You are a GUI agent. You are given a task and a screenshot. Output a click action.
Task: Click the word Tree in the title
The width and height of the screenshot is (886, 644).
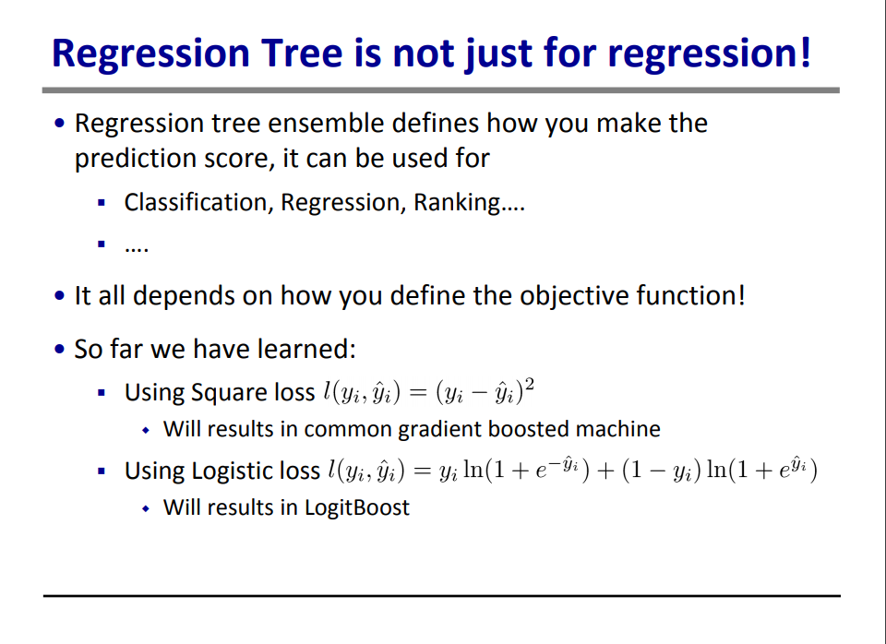302,54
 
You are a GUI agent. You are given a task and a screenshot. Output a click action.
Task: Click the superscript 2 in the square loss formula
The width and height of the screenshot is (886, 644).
530,384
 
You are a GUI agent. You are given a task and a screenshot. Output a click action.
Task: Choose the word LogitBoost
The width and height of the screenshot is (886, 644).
357,507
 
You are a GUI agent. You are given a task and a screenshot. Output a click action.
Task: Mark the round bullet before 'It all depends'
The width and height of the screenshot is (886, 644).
60,295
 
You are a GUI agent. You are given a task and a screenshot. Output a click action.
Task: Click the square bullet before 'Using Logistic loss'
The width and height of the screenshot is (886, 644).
102,471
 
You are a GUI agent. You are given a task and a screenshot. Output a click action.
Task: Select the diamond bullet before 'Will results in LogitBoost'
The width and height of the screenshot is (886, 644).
146,508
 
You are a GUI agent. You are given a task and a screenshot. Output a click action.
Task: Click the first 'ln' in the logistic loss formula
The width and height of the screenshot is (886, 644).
473,469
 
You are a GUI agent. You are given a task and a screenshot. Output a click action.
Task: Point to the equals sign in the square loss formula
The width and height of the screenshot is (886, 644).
417,392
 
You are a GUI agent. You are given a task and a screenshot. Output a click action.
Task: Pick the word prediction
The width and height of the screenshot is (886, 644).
136,159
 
